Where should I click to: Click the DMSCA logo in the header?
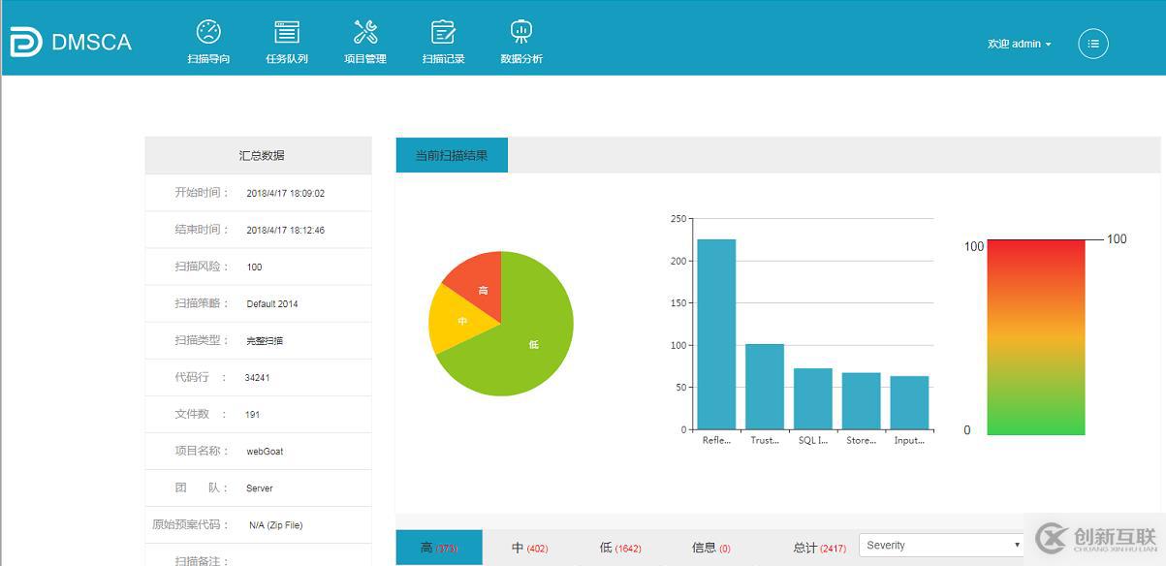[70, 42]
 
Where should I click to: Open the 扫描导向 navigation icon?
[208, 33]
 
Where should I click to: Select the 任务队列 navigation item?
[287, 42]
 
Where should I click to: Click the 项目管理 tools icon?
[365, 33]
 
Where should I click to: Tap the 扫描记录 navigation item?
[443, 42]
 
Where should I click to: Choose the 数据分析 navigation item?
[521, 42]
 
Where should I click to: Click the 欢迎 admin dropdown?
[1019, 44]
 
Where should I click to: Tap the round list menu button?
[1093, 44]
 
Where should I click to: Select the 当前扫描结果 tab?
[452, 155]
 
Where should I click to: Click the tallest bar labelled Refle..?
[716, 334]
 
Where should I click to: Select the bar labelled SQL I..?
[813, 398]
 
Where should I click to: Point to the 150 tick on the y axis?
[678, 303]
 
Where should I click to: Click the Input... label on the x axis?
[909, 440]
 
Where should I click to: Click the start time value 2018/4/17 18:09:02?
[285, 193]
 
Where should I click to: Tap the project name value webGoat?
[265, 451]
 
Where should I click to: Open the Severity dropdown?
[941, 546]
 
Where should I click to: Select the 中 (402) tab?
[529, 549]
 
